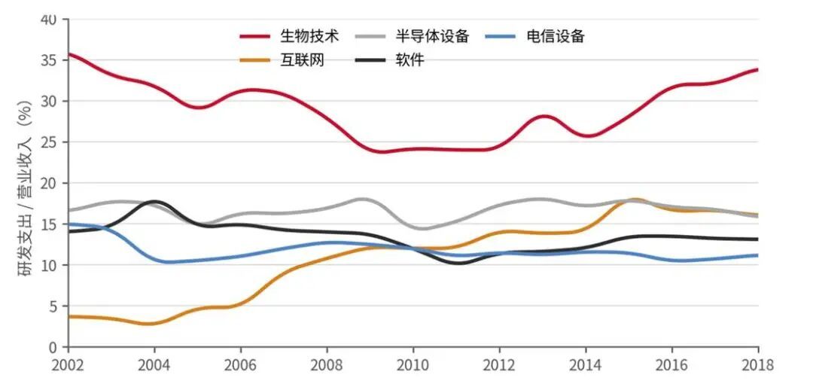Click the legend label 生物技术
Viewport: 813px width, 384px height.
point(309,35)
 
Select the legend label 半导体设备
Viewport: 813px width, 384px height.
point(432,35)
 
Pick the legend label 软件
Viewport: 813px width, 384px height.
point(410,60)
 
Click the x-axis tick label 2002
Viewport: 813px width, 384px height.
point(69,364)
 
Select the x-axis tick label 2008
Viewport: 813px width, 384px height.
point(327,364)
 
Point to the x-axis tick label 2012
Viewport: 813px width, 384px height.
point(499,364)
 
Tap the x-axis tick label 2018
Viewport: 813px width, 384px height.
point(757,364)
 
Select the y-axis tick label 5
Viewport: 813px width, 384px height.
point(53,306)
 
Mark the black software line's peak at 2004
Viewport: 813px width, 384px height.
point(154,202)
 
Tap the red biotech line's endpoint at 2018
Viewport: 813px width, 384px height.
point(757,69)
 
